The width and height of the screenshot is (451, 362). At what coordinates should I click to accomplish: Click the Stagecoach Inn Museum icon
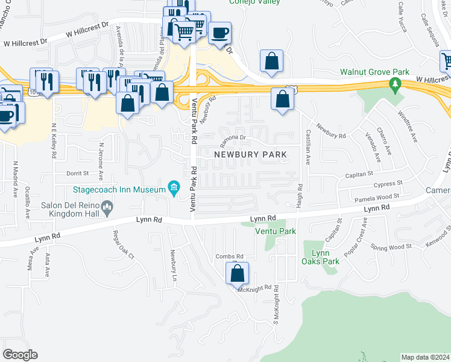click(x=174, y=189)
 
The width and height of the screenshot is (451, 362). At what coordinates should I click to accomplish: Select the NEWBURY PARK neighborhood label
click(x=250, y=154)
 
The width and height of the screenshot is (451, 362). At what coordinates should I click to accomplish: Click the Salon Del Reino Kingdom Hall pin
click(x=108, y=209)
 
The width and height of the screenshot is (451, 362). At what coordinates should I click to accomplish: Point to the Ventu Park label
click(x=275, y=231)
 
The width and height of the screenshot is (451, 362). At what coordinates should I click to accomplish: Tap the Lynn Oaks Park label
click(x=321, y=257)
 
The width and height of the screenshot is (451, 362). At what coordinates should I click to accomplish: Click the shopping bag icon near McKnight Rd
click(x=238, y=273)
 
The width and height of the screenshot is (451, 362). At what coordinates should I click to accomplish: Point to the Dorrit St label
click(x=78, y=172)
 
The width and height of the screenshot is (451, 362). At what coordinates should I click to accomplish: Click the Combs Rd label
click(x=230, y=256)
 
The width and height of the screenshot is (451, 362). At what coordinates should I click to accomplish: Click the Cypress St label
click(x=387, y=183)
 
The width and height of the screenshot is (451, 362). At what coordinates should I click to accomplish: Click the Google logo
click(x=20, y=355)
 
